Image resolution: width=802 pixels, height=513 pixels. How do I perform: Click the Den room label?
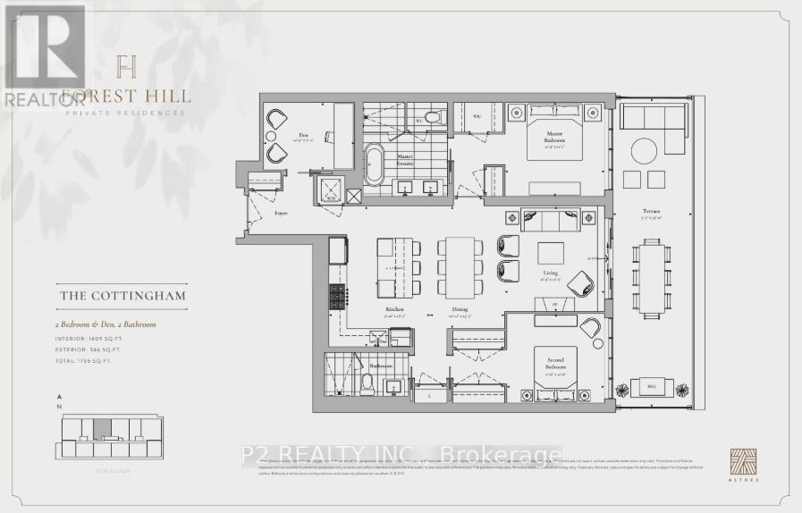(x=302, y=136)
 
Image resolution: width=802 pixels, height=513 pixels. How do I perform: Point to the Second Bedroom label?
(x=554, y=365)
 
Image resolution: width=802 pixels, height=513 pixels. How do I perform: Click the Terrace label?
(x=651, y=212)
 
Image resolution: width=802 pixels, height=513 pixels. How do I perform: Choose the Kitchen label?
(x=393, y=308)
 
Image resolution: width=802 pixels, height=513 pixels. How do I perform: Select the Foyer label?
(x=281, y=213)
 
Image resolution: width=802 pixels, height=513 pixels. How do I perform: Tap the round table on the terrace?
(x=645, y=150)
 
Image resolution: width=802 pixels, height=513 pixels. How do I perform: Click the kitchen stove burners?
(x=338, y=296)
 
